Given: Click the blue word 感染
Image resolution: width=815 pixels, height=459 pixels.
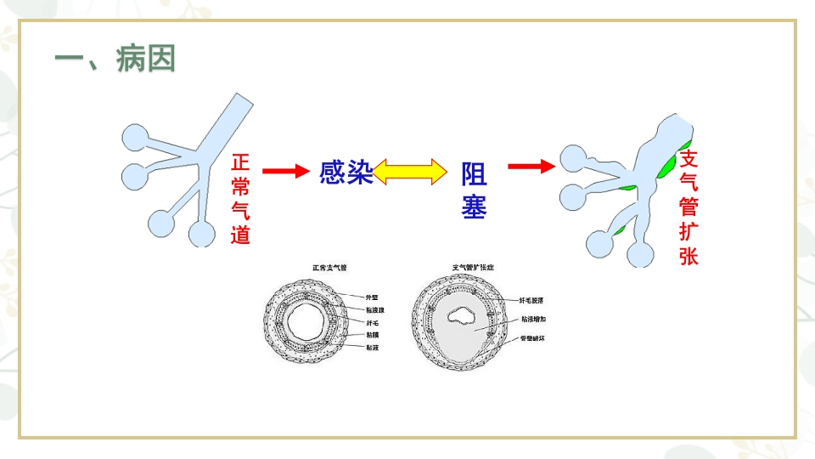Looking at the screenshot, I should click(x=346, y=173).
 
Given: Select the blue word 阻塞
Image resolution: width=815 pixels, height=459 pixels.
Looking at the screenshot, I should click(x=474, y=190).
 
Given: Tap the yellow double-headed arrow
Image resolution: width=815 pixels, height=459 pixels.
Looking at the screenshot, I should click(x=410, y=172).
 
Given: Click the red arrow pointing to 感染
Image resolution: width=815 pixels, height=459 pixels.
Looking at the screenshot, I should click(x=284, y=172).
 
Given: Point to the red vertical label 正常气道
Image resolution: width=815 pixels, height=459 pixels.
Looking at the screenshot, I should click(x=240, y=199).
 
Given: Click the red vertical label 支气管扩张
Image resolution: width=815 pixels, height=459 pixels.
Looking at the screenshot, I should click(x=689, y=207).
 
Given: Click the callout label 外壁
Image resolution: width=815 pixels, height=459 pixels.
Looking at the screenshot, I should click(x=372, y=297).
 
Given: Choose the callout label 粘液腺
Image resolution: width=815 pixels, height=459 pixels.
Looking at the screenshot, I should click(x=374, y=310).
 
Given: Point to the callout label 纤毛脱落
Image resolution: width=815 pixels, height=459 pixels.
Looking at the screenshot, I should click(x=532, y=300).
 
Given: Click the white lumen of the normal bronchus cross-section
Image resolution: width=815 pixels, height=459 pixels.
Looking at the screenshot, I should click(x=304, y=323).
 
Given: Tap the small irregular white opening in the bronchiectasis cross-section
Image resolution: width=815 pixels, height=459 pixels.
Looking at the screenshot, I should click(x=464, y=316).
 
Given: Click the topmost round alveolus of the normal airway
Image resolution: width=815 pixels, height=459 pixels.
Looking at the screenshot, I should click(x=136, y=138).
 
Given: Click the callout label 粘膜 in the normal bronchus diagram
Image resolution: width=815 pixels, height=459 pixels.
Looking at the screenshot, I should click(x=371, y=336).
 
